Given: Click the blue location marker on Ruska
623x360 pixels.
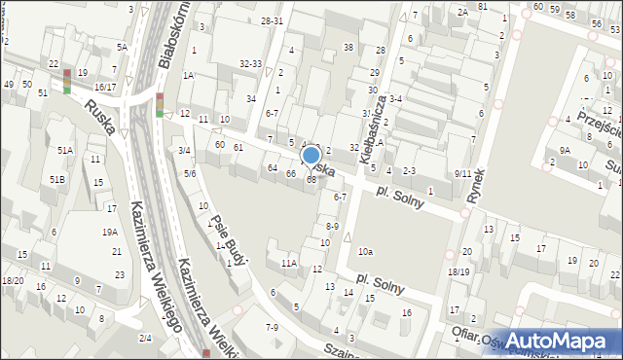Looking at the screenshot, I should point(311,155).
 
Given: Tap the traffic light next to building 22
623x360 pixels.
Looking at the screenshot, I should point(66,81).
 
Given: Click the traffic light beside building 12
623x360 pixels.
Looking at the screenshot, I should point(159,104).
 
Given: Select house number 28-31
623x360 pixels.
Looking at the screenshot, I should point(272,20).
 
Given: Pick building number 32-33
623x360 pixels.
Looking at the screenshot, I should point(250,64).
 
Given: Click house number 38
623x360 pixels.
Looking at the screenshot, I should point(348,48).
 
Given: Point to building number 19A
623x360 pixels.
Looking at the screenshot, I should point(110,232).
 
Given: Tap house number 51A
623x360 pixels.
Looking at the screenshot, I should point(64,150).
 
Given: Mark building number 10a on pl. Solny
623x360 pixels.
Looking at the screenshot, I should point(364,252).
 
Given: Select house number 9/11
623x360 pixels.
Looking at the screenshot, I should point(462,173).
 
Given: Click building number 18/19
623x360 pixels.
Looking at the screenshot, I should point(458,271).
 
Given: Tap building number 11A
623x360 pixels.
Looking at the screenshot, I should point(288,263).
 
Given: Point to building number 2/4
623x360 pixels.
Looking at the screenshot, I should point(144,337).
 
